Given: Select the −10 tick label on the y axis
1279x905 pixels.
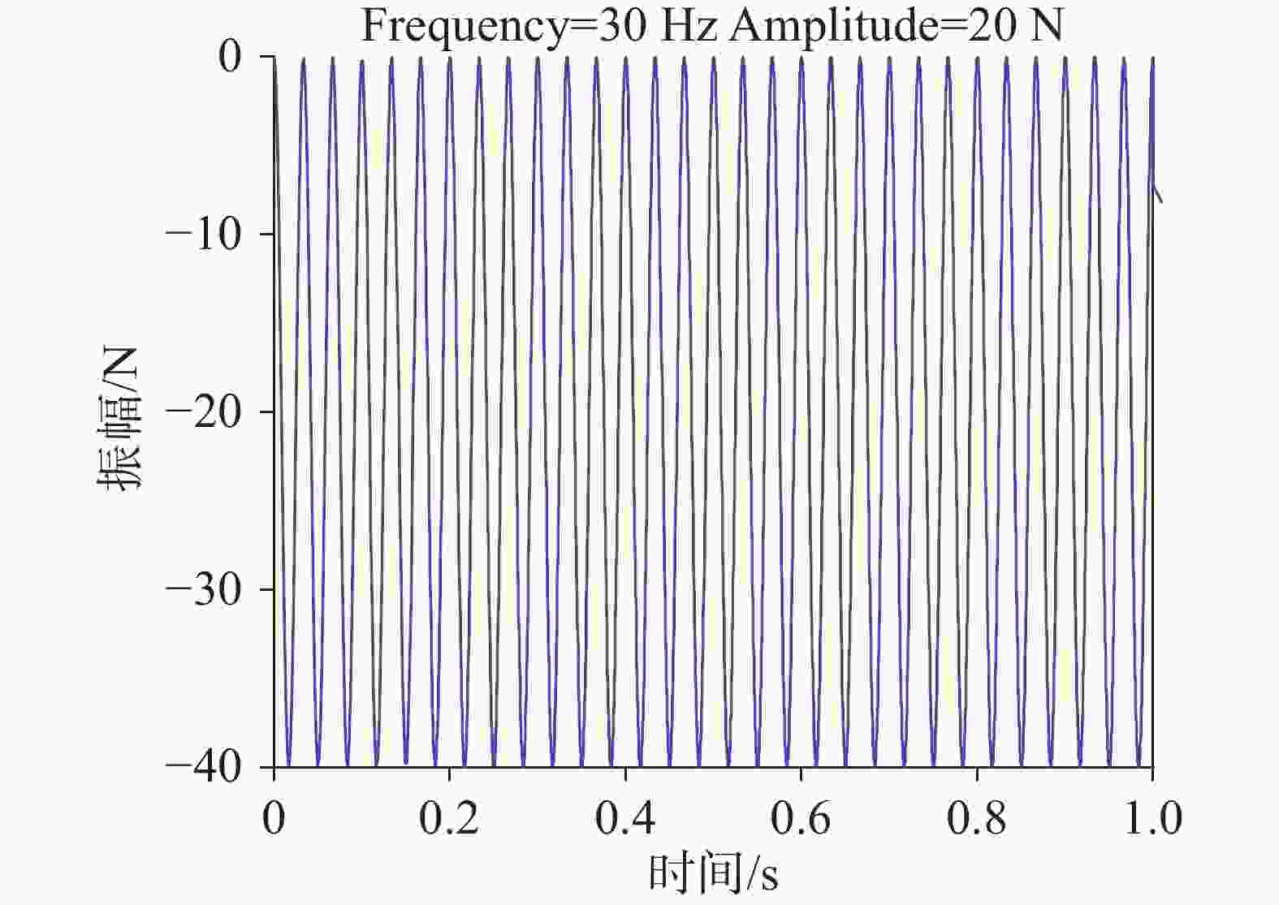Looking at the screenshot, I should coord(204,235).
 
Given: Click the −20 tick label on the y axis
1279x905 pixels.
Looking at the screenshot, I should coord(204,412).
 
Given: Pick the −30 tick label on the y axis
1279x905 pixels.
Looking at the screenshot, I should coord(204,590).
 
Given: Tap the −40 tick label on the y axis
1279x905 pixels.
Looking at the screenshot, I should coord(204,768).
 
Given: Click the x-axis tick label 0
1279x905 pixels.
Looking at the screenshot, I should coord(274,818).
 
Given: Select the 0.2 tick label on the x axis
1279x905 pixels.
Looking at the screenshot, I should coord(449,818).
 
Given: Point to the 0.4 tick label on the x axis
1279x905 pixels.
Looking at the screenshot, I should coord(625,818).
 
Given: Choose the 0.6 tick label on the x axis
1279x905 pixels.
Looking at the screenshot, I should coord(801,818).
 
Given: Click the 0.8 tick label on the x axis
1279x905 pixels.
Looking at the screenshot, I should coord(977,818).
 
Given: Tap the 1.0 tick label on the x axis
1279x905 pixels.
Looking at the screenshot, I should coord(1152,818).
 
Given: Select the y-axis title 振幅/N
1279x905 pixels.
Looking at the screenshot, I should coord(119,419).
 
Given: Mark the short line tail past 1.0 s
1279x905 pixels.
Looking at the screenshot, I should coord(1158,193).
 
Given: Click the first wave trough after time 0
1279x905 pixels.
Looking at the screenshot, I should coord(289,763).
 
